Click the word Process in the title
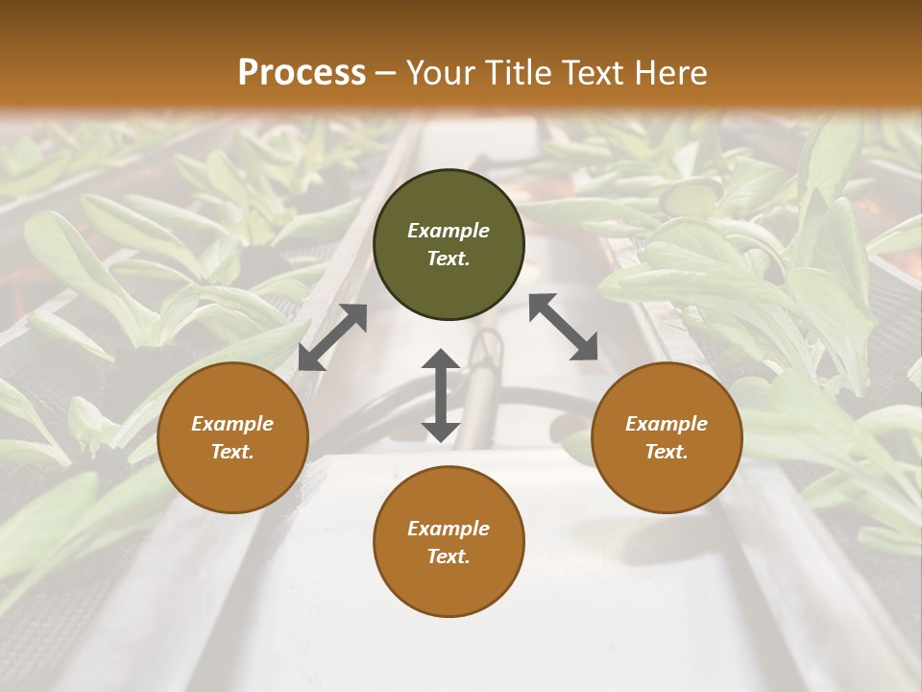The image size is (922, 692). coord(302,73)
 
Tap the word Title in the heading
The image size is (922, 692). coord(515,73)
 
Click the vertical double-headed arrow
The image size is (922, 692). coord(441,396)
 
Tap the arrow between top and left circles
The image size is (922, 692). coord(332,337)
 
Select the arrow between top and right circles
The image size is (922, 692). coord(563,327)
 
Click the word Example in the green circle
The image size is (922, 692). coord(449,231)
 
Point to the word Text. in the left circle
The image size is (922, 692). coord(232,452)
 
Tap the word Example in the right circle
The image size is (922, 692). coord(667,424)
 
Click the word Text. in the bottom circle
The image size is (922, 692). coord(449,556)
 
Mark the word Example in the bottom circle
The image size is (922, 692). coord(449,529)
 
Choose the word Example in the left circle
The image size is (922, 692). coord(232,424)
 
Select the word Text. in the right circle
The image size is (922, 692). coord(667,452)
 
